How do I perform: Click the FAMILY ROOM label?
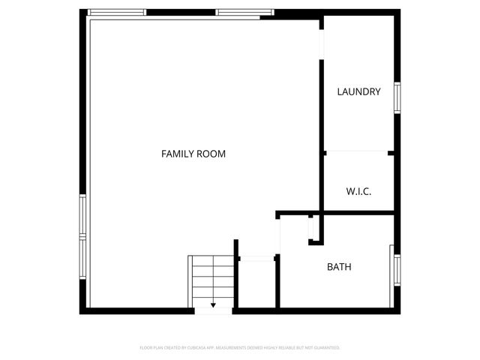coord(193,154)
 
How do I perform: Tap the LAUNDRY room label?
coord(358,92)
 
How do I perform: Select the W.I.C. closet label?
coord(358,191)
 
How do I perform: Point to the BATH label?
coord(339,267)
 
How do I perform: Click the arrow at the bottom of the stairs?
coord(213,305)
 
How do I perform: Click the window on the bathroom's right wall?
coord(397,270)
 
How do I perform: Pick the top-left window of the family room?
coord(117,13)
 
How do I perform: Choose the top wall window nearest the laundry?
coord(244,13)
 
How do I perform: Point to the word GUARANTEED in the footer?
coord(325,348)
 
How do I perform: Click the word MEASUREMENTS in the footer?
coord(228,348)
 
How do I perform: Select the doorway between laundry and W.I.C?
coord(357,152)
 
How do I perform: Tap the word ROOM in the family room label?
coord(211,154)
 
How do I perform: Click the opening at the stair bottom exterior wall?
coord(213,310)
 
